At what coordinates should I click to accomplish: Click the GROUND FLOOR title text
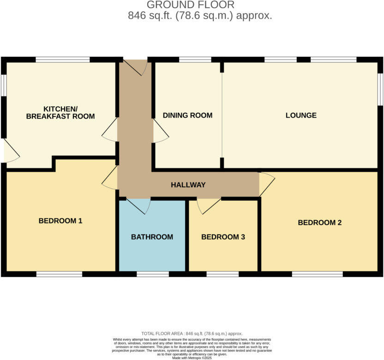point(191,5)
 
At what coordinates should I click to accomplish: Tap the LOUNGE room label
point(301,115)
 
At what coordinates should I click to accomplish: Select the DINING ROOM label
point(187,115)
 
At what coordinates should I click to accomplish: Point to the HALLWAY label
point(188,185)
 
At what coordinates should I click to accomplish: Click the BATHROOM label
point(152,237)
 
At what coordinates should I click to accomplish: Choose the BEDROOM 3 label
point(223,237)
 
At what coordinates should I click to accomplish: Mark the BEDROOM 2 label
point(319,222)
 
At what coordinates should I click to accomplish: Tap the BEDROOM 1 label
point(60,221)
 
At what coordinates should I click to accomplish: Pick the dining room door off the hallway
point(160,131)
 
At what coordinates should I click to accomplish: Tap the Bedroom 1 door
point(110,178)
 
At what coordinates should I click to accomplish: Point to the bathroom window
point(152,274)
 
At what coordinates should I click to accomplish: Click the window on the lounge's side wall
point(380,89)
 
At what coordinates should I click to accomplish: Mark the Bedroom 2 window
point(317,274)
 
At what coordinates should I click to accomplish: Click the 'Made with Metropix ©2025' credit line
point(191,358)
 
